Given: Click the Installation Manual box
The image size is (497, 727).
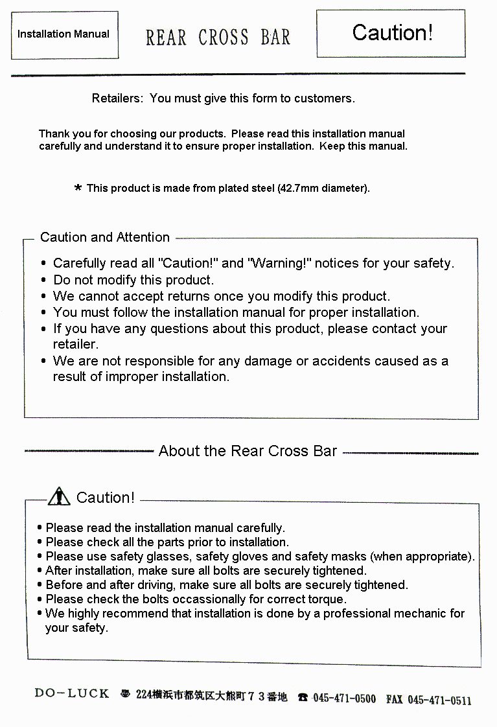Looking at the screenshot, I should [64, 34].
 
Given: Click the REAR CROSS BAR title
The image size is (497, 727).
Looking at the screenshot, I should [218, 38].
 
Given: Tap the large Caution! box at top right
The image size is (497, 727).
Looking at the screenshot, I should [391, 33].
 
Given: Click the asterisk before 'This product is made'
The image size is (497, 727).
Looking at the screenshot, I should [78, 189].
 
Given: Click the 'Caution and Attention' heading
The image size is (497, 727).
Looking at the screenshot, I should [105, 237].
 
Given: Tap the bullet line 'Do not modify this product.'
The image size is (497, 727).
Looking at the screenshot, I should [133, 280].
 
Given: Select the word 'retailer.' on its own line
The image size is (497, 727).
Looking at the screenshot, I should [75, 344].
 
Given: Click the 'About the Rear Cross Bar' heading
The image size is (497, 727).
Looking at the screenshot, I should [248, 451].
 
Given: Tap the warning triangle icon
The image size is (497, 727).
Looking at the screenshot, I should [59, 497].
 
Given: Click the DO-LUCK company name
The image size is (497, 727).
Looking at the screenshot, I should [72, 693].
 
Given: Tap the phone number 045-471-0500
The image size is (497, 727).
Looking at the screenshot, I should [343, 698].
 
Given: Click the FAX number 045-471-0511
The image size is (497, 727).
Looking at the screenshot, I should [439, 700].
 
